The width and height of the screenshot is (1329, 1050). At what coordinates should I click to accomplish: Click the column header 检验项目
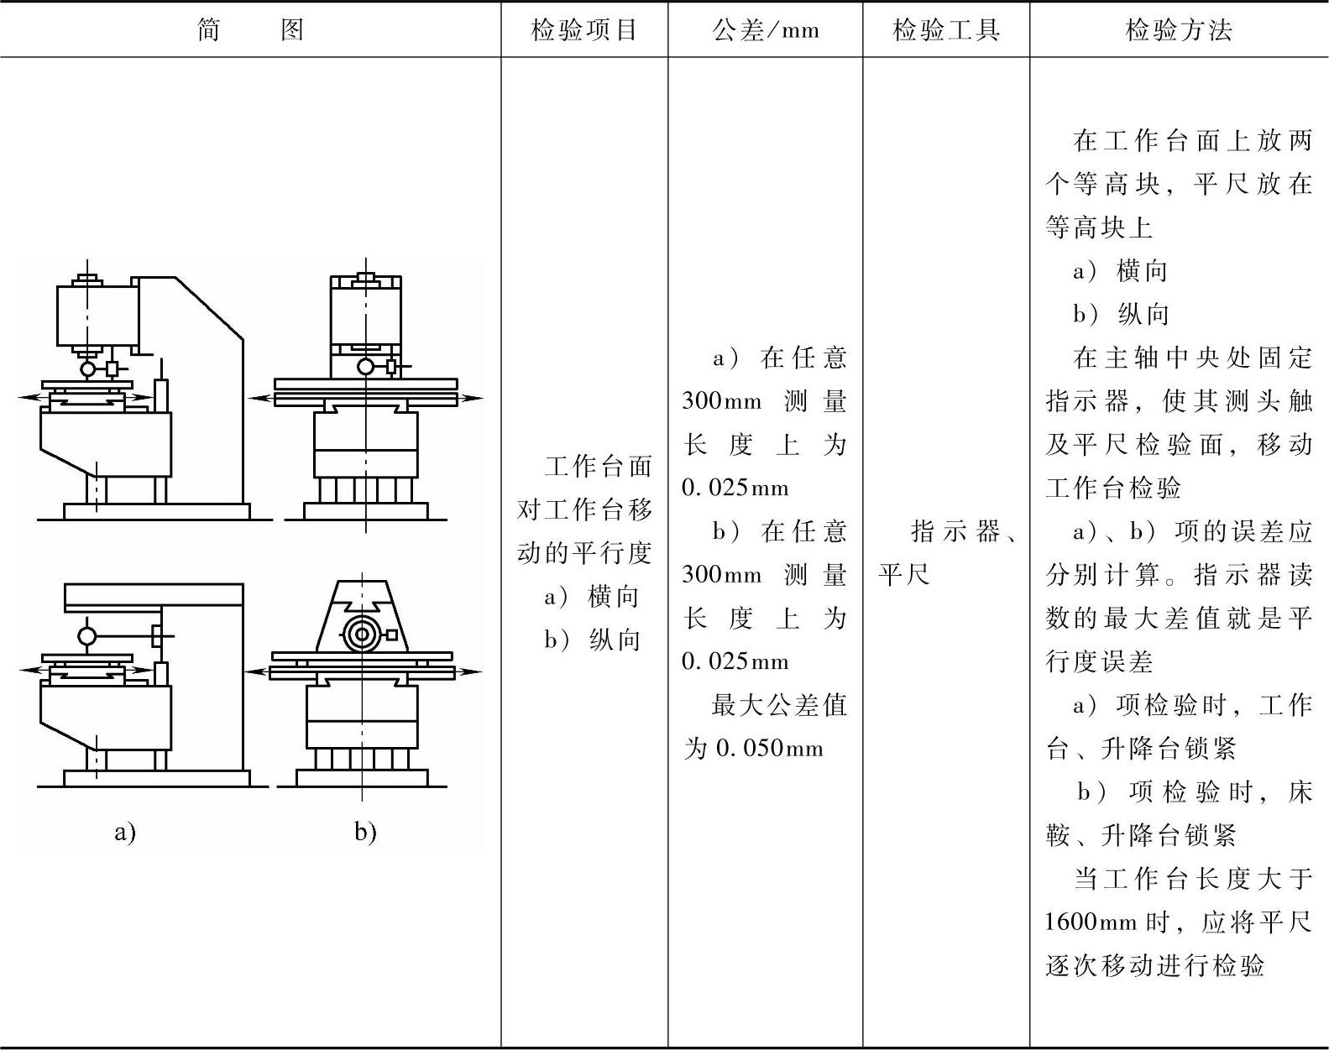point(584,31)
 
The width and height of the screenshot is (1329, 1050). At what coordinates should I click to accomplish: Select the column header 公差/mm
point(765,31)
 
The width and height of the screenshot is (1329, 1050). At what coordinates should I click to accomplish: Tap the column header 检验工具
point(946,31)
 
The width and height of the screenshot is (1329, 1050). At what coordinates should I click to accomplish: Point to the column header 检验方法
point(1179,31)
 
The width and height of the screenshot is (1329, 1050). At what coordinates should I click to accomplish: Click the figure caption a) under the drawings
point(125,832)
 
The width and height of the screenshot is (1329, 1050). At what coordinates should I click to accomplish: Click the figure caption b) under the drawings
point(365,832)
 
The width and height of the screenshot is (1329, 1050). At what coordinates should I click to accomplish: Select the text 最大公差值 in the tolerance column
point(779,705)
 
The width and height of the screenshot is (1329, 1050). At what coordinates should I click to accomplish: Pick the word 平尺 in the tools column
point(904,575)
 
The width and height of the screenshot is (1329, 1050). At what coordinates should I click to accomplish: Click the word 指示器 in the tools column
point(955,531)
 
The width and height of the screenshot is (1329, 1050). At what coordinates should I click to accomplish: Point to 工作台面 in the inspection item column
point(598,467)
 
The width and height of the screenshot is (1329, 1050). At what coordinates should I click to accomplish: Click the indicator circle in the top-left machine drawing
point(87,368)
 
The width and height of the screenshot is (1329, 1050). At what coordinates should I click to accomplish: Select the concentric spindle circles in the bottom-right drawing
point(362,635)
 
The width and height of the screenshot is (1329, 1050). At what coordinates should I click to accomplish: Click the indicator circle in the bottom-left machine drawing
point(87,635)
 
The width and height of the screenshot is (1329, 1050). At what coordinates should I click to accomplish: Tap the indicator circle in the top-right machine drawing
point(365,366)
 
